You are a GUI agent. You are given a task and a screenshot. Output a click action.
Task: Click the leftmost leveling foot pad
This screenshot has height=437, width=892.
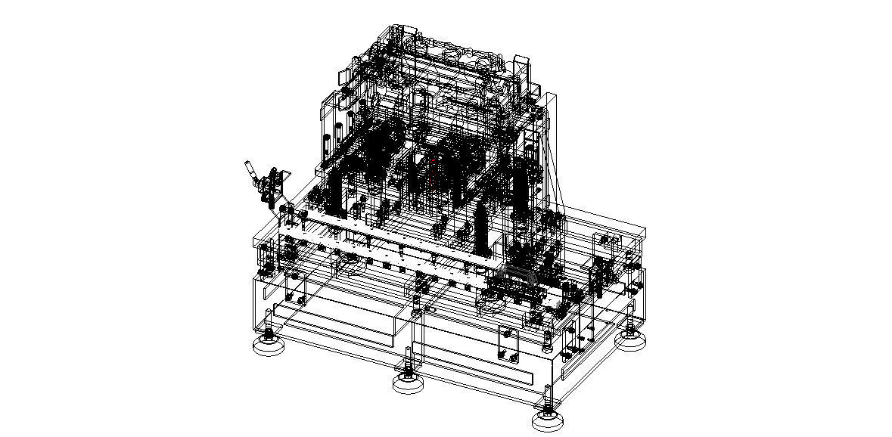pyautogui.click(x=268, y=346)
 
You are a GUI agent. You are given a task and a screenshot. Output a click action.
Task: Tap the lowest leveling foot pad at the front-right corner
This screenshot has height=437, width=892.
pyautogui.click(x=549, y=420)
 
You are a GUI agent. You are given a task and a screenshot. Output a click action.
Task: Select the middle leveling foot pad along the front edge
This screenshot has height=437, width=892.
pyautogui.click(x=409, y=383)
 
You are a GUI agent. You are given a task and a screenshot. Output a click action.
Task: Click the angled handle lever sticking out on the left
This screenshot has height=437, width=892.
pyautogui.click(x=249, y=173)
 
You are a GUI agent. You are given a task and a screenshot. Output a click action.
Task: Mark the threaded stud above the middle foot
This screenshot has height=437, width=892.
pyautogui.click(x=409, y=358)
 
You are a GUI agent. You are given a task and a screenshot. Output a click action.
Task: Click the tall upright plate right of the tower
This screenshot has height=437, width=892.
pyautogui.click(x=551, y=151)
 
